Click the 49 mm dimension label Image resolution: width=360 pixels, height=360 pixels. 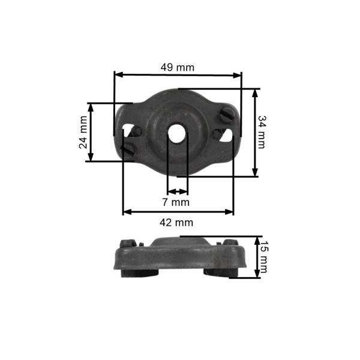point(177,67)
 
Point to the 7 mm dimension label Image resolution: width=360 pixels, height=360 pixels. point(176,202)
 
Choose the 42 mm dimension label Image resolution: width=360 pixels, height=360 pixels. point(178,222)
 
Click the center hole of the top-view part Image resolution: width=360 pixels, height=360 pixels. point(178,134)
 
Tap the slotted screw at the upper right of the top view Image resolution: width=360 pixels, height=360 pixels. point(224,112)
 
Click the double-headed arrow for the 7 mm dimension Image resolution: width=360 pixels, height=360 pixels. point(177,192)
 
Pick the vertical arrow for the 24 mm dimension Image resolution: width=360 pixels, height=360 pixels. point(91,132)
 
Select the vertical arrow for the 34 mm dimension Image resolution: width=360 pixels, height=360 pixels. point(255,133)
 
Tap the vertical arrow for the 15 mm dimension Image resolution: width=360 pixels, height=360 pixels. point(257,257)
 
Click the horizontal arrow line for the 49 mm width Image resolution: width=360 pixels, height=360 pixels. point(178,75)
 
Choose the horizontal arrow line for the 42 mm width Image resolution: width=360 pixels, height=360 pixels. point(178,211)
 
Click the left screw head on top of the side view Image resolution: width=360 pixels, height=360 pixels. point(127,244)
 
